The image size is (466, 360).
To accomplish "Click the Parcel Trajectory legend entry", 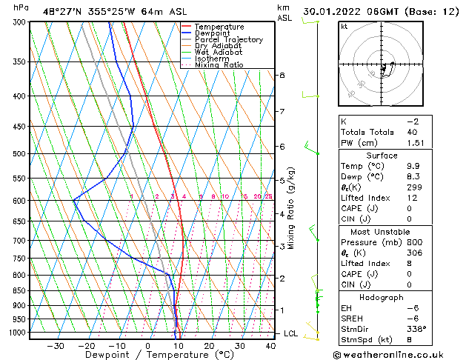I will point(228,39).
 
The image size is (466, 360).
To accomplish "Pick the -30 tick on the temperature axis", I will point(56,346).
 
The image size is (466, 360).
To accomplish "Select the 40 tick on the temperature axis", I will point(270,346).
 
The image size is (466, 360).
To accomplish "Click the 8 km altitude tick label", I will point(282,76).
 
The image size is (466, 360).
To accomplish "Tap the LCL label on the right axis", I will point(291,334).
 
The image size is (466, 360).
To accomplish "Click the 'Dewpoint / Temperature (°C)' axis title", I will point(150,356).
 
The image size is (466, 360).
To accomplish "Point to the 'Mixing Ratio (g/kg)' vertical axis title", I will point(291,208).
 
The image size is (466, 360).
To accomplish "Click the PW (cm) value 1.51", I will point(413,143).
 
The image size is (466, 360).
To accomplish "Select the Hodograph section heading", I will point(382,297).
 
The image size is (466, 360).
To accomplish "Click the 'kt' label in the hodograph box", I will point(344,27).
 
